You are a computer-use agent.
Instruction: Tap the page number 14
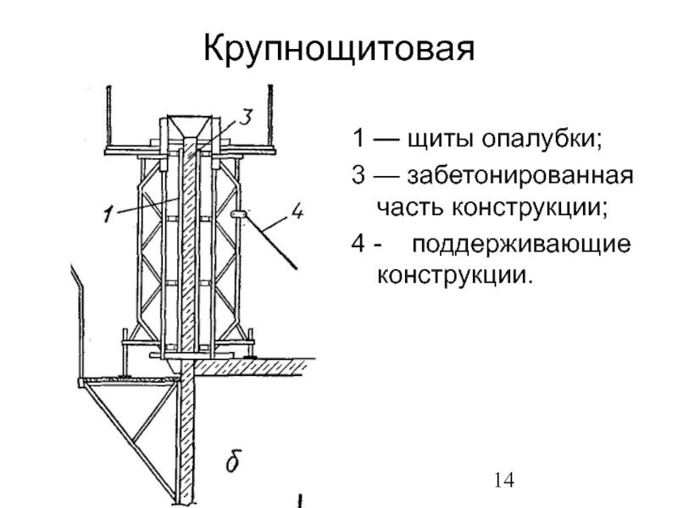[x=503, y=480]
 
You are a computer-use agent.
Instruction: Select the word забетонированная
[x=520, y=179]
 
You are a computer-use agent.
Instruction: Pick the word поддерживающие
[x=521, y=246]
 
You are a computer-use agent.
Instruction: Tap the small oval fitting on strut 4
[x=237, y=218]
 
